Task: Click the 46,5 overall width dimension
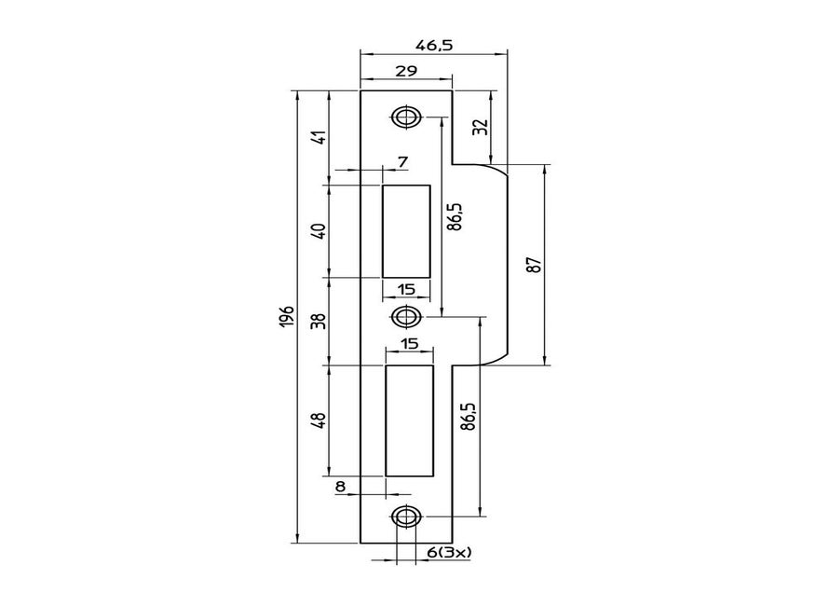[x=434, y=45]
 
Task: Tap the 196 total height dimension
[x=286, y=316]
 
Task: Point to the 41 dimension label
[x=319, y=136]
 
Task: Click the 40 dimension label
[x=319, y=230]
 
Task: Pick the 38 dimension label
[x=319, y=321]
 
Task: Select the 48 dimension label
[x=319, y=420]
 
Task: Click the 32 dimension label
[x=480, y=128]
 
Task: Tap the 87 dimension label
[x=533, y=264]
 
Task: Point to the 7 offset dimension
[x=401, y=162]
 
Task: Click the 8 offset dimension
[x=340, y=486]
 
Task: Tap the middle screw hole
[x=404, y=318]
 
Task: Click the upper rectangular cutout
[x=406, y=230]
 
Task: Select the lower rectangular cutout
[x=410, y=420]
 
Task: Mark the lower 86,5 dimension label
[x=468, y=417]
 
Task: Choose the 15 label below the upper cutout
[x=406, y=288]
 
